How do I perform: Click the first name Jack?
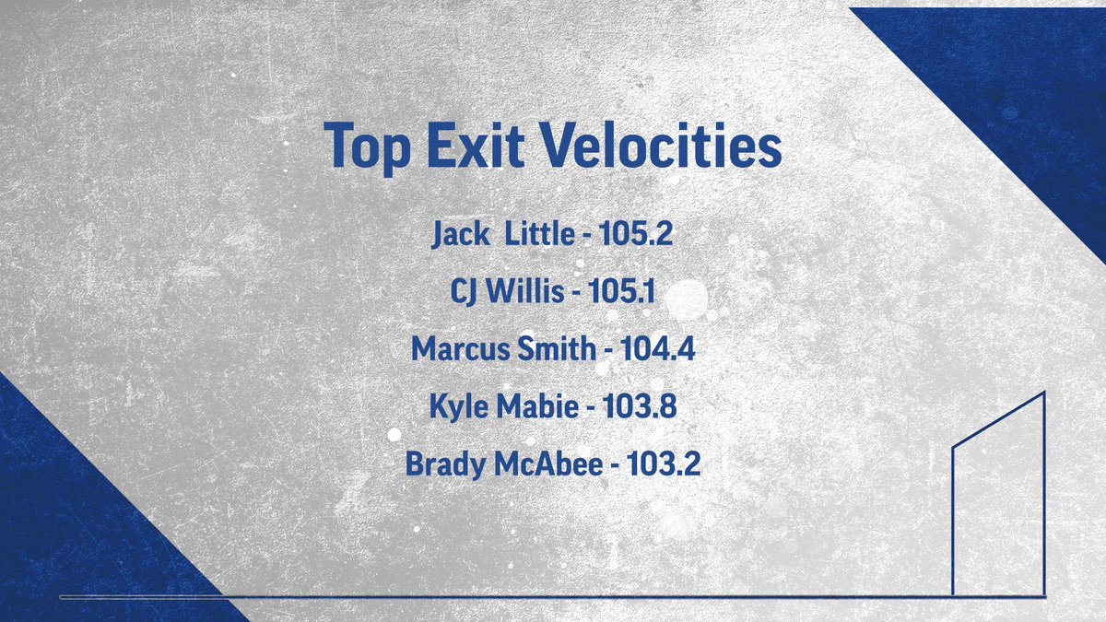462,234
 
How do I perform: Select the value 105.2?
636,234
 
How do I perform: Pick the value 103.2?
664,464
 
